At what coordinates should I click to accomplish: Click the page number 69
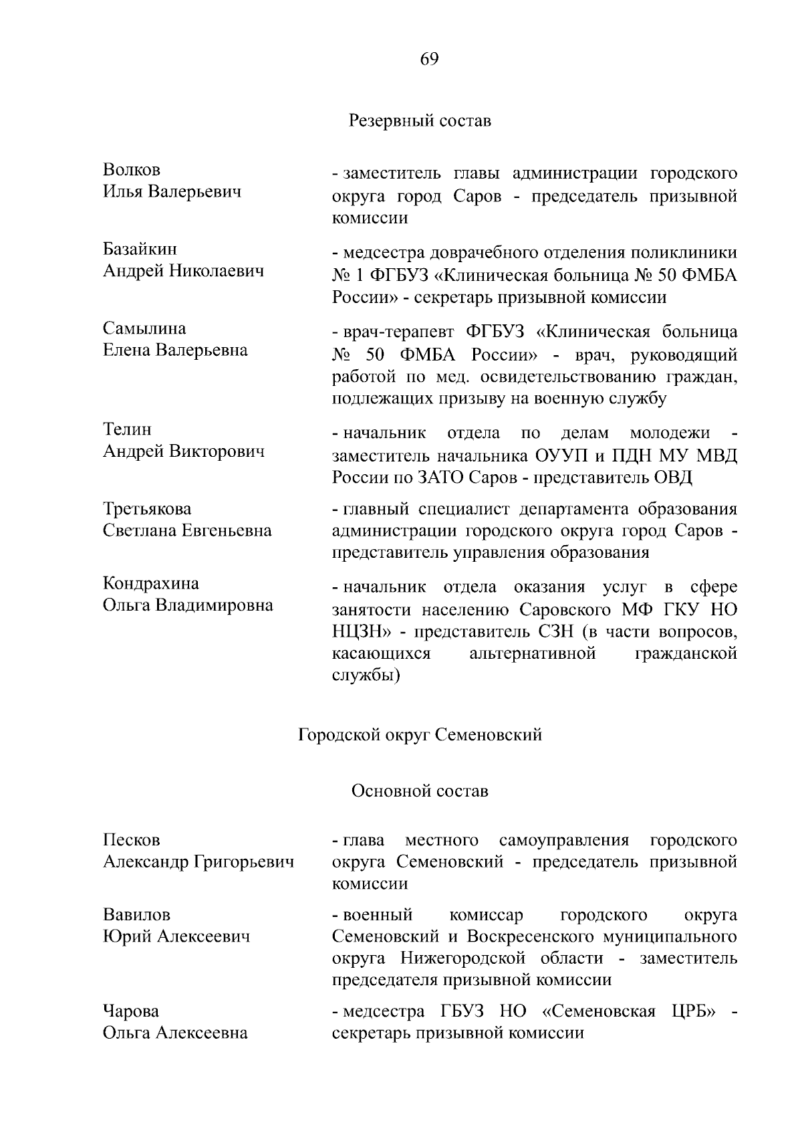[x=429, y=60]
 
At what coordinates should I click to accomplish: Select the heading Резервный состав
[x=420, y=121]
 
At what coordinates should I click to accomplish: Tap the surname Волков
[x=132, y=170]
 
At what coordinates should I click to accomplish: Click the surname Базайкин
[x=140, y=249]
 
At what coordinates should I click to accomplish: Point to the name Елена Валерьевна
[x=175, y=350]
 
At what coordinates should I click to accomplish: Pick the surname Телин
[x=127, y=429]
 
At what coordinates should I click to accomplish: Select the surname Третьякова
[x=147, y=509]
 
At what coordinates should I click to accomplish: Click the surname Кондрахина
[x=150, y=583]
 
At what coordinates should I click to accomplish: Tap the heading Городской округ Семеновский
[x=420, y=735]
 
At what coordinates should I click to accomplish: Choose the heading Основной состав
[x=420, y=791]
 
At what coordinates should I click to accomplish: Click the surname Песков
[x=131, y=840]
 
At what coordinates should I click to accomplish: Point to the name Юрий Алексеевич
[x=176, y=936]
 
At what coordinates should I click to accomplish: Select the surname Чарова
[x=131, y=1011]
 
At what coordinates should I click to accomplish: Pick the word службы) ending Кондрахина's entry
[x=366, y=675]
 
